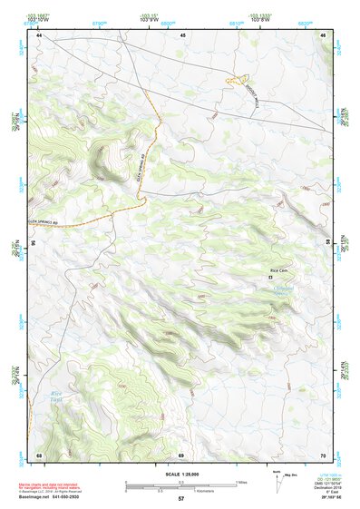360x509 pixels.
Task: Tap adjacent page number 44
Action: click(40, 34)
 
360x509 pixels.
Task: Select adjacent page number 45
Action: click(182, 34)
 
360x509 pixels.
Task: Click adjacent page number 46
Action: click(324, 34)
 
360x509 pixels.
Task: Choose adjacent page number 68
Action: click(40, 455)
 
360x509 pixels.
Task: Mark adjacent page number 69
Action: click(181, 455)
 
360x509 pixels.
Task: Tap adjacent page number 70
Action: click(324, 455)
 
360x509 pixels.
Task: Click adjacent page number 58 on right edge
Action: click(327, 243)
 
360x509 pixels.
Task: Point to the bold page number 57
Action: click(181, 499)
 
